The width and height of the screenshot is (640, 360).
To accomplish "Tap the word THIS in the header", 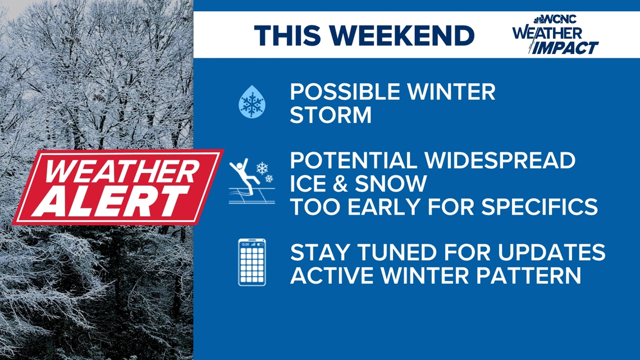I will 289,36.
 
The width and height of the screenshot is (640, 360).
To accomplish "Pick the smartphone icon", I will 252,262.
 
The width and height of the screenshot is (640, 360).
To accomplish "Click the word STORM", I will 331,116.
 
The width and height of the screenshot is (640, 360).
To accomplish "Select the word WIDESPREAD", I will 500,161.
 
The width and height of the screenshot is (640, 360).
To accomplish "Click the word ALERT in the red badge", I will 116,200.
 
